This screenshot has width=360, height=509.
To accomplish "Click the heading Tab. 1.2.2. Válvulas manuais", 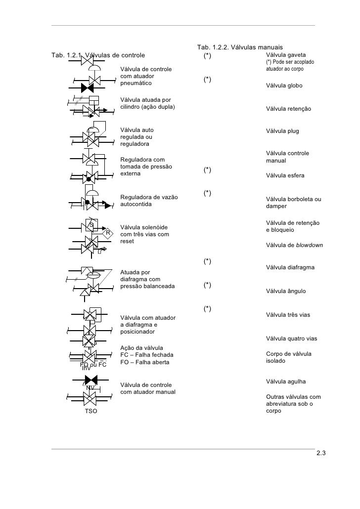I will (x=239, y=47).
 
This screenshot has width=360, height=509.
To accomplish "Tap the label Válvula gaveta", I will (x=286, y=54).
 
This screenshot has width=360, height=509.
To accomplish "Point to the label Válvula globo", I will (x=284, y=86).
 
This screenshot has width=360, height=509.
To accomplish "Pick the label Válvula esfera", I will (x=285, y=175).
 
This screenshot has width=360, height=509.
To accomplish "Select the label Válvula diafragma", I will (x=290, y=268).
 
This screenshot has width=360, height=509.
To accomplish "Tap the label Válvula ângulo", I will (x=286, y=292).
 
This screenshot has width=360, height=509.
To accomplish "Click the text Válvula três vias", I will (x=288, y=315).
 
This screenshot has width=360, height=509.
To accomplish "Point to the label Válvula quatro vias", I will (x=292, y=339).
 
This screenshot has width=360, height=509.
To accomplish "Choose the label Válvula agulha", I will (x=286, y=382).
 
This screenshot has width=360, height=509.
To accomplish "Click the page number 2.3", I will (x=321, y=454).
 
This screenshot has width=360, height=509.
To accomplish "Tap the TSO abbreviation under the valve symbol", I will (x=91, y=411).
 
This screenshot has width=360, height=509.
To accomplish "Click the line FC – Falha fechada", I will (x=147, y=355).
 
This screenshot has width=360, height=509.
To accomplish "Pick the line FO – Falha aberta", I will (x=145, y=362).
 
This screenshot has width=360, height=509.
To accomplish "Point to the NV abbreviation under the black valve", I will (x=90, y=387).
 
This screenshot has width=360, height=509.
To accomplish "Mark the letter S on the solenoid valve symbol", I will (x=91, y=225).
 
